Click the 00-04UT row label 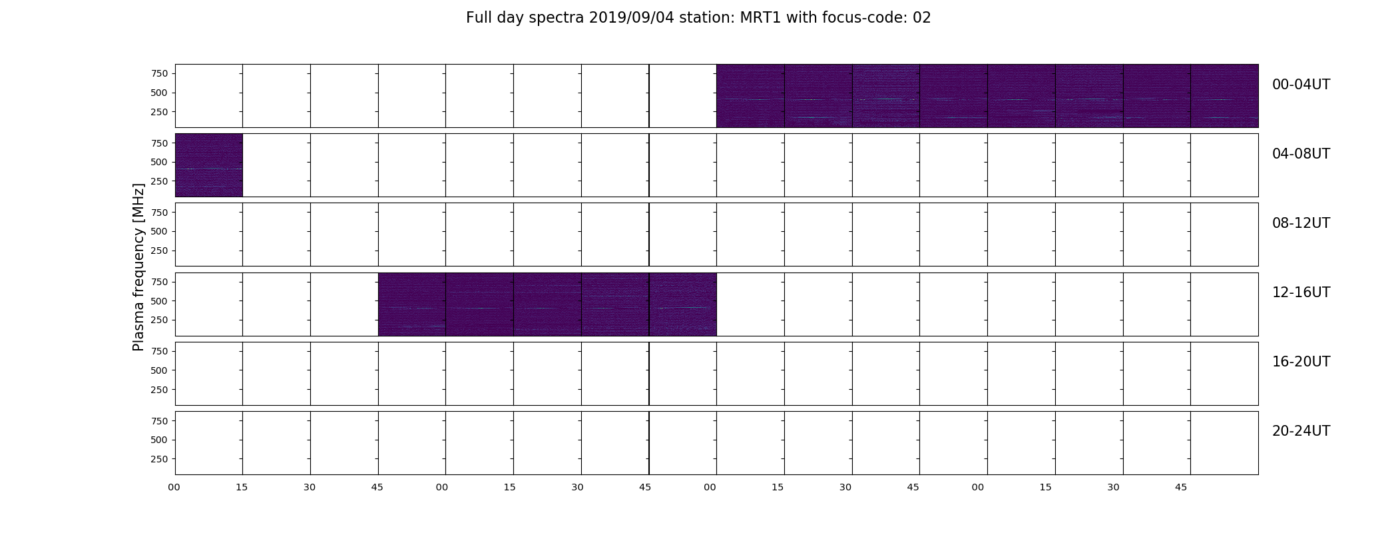point(1301,85)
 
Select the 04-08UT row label point(1301,154)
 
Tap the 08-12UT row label point(1301,223)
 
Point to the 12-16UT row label point(1301,292)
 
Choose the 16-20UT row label point(1301,362)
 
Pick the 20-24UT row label point(1301,431)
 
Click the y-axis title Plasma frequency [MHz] point(138,267)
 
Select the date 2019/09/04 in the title point(632,18)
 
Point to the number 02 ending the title point(922,18)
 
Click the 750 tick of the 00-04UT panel point(159,73)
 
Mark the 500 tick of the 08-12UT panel point(159,231)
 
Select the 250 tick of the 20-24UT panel point(159,459)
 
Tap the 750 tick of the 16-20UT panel point(159,351)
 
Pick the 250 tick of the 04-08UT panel point(159,181)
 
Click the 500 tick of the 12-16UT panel point(159,301)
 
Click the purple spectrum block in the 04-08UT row point(208,165)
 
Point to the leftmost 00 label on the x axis point(174,488)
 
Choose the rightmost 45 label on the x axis point(1181,488)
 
